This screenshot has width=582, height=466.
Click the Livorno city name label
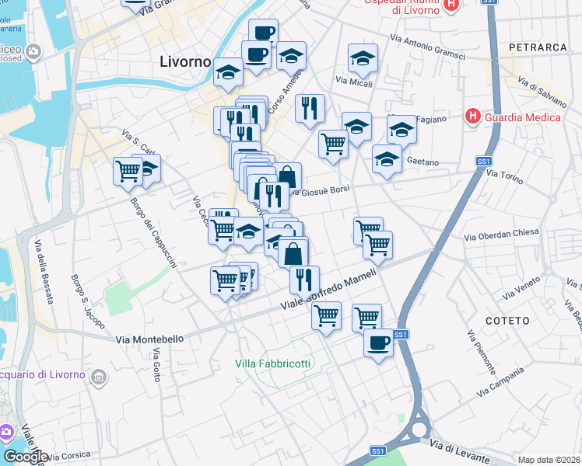click(x=185, y=61)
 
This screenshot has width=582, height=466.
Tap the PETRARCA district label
click(x=538, y=47)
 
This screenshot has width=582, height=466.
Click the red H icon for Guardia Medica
click(x=472, y=117)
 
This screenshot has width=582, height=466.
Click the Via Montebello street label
click(x=150, y=339)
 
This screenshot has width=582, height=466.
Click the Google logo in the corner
click(x=26, y=456)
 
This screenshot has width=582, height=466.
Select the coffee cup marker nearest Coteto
click(x=379, y=343)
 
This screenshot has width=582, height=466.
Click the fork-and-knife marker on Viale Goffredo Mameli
click(x=304, y=278)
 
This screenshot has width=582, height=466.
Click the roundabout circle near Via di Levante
click(x=419, y=428)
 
